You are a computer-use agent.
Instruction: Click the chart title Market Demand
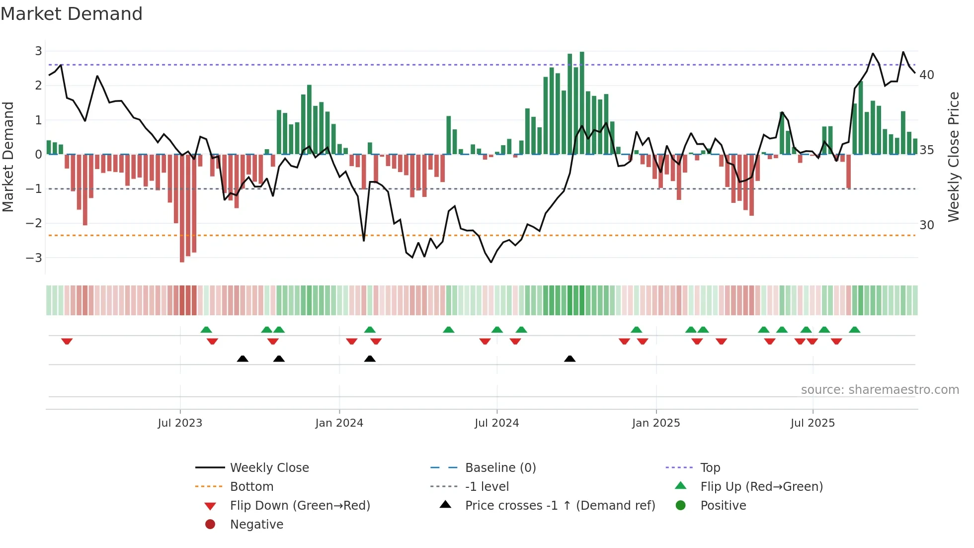point(72,14)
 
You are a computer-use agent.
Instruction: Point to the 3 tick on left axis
point(38,51)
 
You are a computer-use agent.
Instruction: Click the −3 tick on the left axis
point(34,258)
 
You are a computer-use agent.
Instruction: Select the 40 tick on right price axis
point(927,75)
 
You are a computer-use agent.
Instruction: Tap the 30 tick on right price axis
point(927,225)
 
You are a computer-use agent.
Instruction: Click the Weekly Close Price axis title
point(953,157)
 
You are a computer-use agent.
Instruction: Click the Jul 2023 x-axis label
point(180,423)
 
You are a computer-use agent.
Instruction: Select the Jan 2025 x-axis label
point(656,423)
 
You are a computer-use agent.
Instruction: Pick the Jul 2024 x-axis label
point(496,423)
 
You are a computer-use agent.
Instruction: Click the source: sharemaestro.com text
point(880,390)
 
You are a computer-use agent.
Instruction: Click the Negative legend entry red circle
point(210,525)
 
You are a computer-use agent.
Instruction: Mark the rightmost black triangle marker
point(570,359)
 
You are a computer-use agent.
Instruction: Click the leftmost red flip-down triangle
point(67,341)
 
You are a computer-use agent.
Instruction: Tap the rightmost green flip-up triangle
point(855,330)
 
